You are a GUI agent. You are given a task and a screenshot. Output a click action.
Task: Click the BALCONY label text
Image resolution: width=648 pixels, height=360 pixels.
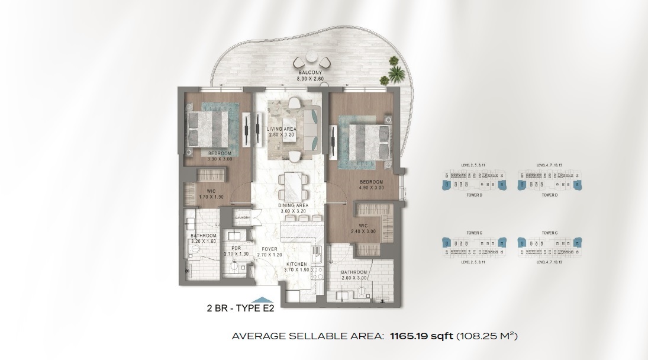310,72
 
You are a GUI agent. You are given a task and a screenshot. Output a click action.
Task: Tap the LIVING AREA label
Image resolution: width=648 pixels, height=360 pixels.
281,128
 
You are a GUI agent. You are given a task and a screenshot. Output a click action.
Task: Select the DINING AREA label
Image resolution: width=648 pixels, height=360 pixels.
292,205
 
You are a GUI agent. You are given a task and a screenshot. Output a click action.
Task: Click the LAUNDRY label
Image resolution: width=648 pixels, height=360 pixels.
243,218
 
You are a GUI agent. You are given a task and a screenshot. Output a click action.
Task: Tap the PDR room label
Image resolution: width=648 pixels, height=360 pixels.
236,249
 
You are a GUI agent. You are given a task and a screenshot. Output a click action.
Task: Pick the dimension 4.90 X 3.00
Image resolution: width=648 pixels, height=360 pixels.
370,187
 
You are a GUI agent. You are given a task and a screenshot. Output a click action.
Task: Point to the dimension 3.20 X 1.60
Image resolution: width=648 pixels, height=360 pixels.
203,242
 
